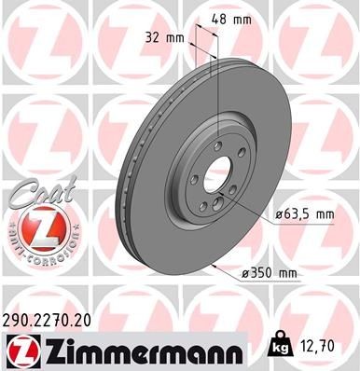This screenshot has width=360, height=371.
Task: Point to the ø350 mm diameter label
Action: pos(269,271)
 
